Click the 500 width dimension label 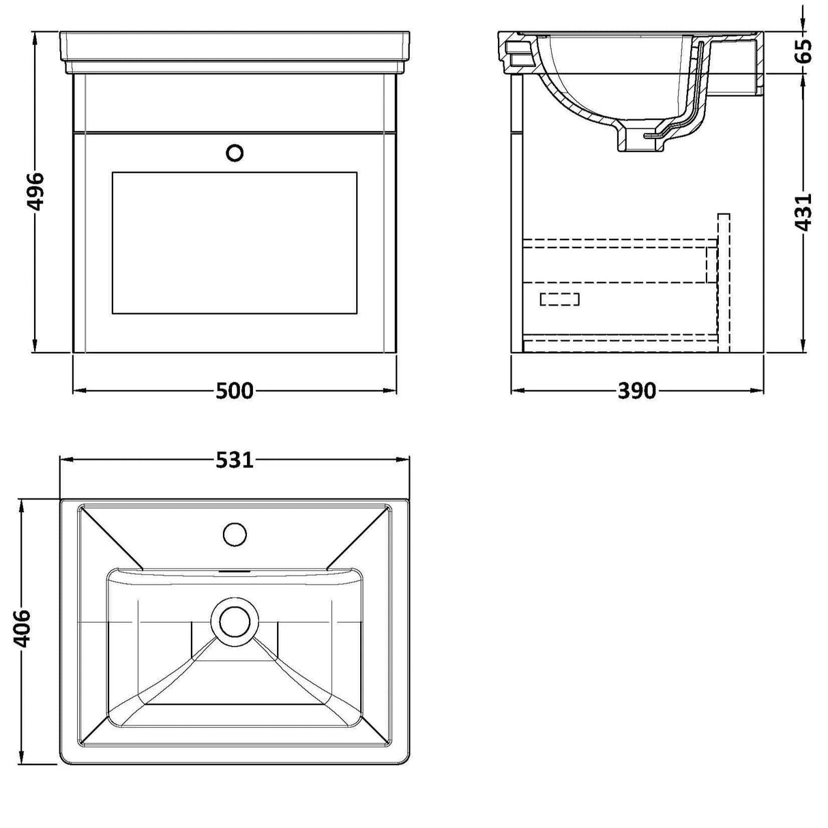pyautogui.click(x=235, y=391)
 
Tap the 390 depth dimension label pyautogui.click(x=636, y=391)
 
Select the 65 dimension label pyautogui.click(x=805, y=51)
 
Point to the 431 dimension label pyautogui.click(x=805, y=212)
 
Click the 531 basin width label pyautogui.click(x=235, y=460)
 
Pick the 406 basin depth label pyautogui.click(x=22, y=628)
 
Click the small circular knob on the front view pyautogui.click(x=235, y=153)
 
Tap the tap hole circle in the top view pyautogui.click(x=235, y=533)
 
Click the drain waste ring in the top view pyautogui.click(x=235, y=619)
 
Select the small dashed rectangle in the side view pyautogui.click(x=559, y=299)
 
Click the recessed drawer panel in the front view pyautogui.click(x=234, y=243)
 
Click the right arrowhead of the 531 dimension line pyautogui.click(x=408, y=460)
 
